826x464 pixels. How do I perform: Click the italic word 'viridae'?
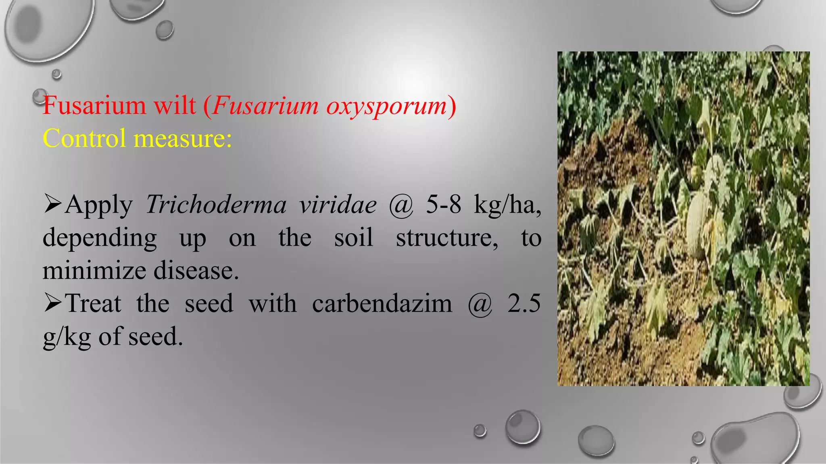pos(338,205)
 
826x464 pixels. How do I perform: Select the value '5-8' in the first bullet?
pos(443,205)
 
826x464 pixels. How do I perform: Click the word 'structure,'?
pos(447,238)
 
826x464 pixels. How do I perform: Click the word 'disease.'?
pos(196,270)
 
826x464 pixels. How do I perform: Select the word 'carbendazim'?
pos(382,303)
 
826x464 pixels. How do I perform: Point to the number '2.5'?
pos(524,303)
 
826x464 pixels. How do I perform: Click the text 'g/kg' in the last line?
pos(67,337)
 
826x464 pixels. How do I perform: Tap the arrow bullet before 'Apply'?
pos(53,204)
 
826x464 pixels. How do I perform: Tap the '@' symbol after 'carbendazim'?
pos(480,304)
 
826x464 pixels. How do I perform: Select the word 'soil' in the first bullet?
pos(353,238)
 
